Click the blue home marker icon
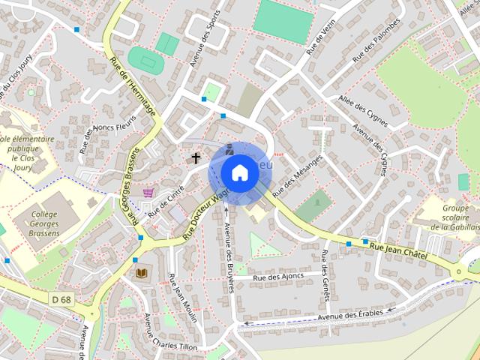(239, 172)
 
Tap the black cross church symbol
(196, 158)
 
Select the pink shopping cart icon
(148, 193)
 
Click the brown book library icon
(140, 272)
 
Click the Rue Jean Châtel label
(398, 250)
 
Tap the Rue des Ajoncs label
(278, 277)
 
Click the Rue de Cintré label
(166, 202)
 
